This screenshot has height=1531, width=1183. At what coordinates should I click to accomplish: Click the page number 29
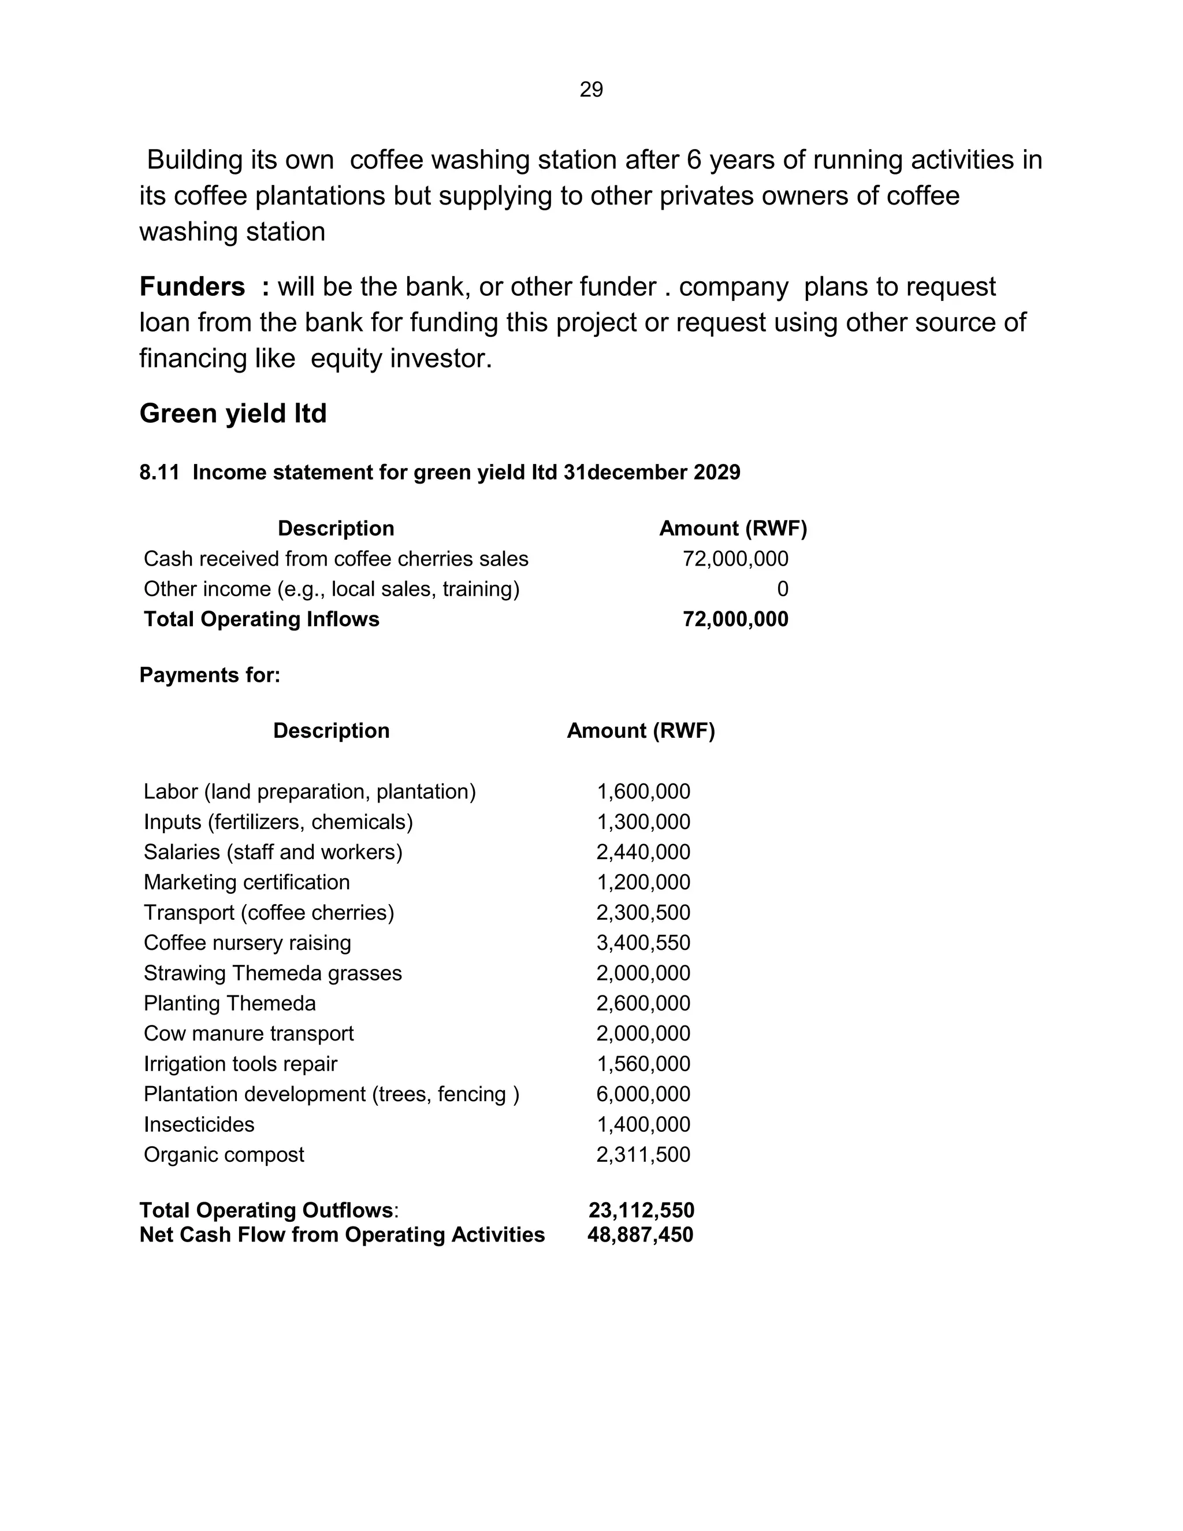(591, 90)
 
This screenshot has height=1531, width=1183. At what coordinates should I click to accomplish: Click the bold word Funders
(192, 287)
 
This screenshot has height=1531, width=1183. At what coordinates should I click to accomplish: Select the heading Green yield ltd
(233, 414)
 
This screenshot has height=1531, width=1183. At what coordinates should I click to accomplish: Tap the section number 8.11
(158, 473)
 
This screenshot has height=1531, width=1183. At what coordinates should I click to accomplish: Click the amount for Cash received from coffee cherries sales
(735, 559)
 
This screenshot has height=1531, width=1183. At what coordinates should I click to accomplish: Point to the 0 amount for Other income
(782, 589)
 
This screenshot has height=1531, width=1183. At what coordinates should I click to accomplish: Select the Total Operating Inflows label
(262, 619)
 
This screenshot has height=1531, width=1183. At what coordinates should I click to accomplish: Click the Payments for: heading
(210, 675)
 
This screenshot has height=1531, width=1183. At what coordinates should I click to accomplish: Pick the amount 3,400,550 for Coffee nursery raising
(643, 943)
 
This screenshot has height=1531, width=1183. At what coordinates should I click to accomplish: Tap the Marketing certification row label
(247, 883)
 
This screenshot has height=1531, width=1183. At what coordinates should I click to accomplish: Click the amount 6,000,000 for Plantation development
(643, 1094)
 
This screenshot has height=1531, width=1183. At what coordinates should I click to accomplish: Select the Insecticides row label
(199, 1124)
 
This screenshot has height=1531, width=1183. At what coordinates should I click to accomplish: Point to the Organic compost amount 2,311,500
(643, 1154)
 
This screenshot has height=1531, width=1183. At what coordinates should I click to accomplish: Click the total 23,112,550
(641, 1210)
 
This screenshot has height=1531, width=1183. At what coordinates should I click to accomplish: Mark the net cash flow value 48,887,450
(640, 1235)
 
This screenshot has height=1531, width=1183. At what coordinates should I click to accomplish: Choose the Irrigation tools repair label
(240, 1064)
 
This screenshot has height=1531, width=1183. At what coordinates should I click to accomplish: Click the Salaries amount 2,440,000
(643, 852)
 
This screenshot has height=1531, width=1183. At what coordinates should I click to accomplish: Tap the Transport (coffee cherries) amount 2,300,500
(643, 913)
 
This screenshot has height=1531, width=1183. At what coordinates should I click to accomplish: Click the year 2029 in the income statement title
(716, 473)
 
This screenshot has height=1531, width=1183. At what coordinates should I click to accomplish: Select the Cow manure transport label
(249, 1034)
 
